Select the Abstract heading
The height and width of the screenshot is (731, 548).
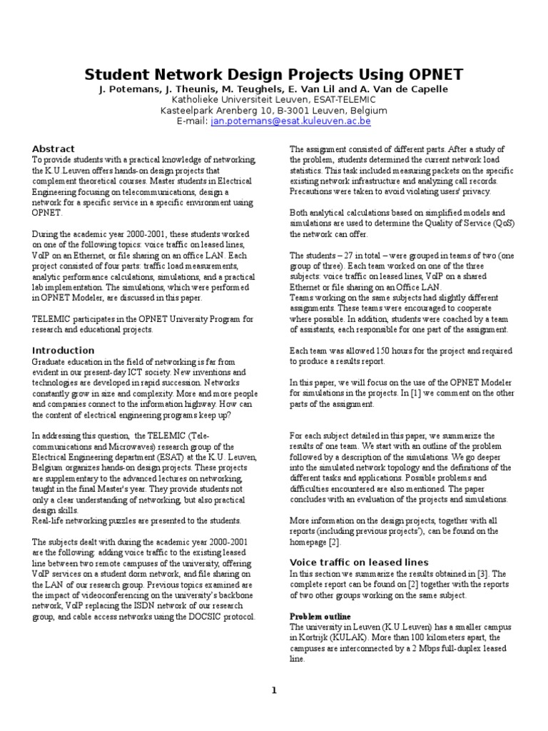coord(54,148)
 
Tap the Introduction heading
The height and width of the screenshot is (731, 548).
coord(64,350)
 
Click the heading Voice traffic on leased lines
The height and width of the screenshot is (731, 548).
coord(359,562)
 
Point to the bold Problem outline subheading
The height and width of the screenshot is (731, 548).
coord(320,616)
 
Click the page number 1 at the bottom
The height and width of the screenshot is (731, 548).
coord(273,690)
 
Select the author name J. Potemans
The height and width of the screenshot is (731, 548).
coord(123,89)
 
